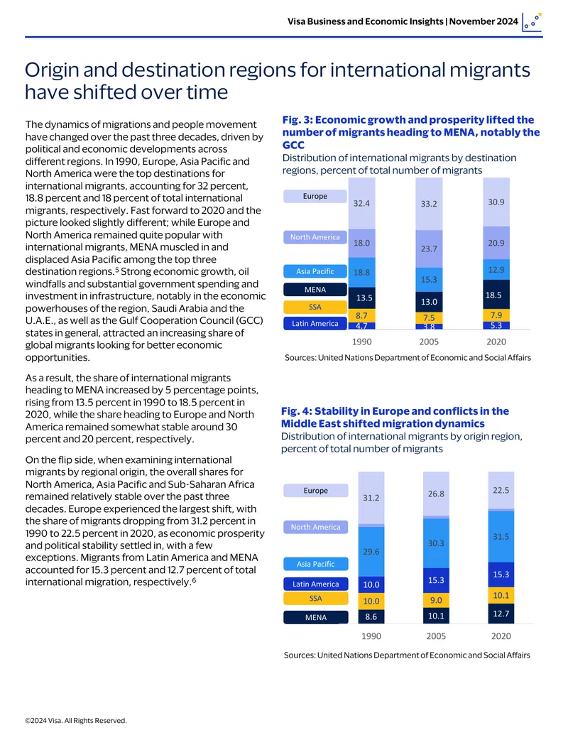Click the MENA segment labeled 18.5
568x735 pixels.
(x=496, y=295)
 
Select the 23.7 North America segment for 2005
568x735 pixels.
(x=429, y=249)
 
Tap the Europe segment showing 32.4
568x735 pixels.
(x=362, y=203)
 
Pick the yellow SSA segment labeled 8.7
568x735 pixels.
(x=362, y=315)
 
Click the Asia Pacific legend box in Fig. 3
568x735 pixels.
(x=315, y=271)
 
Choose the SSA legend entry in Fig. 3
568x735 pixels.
(x=315, y=307)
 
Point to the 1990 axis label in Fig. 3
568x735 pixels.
(x=362, y=342)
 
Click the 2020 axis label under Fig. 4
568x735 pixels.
(x=501, y=636)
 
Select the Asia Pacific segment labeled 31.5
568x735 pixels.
(x=501, y=536)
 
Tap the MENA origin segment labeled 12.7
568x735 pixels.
(x=501, y=614)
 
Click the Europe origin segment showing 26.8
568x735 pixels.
(x=436, y=494)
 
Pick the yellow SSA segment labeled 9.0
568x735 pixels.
(x=436, y=600)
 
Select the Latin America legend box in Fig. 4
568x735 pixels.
(x=315, y=584)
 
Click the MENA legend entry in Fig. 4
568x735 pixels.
(x=315, y=617)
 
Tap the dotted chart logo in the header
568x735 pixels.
(x=532, y=22)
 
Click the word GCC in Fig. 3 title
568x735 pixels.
(x=293, y=145)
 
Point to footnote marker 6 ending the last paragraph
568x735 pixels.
(x=194, y=580)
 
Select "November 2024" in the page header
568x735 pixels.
(x=484, y=21)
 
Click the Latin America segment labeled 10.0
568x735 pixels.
(x=371, y=584)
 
